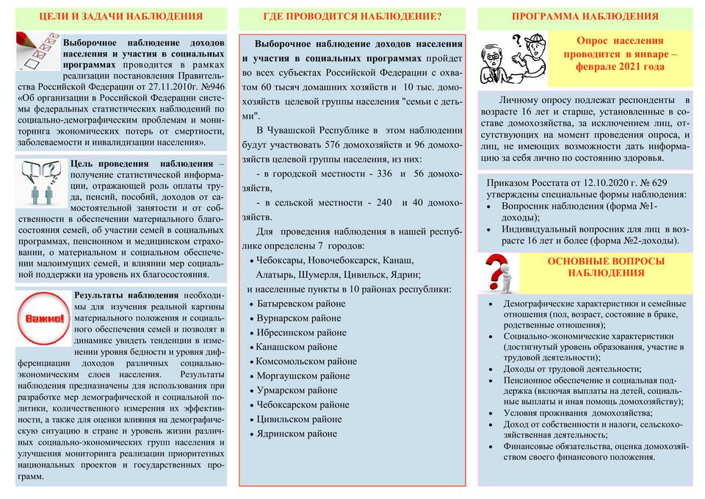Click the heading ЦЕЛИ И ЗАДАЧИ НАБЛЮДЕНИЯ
tap(120, 16)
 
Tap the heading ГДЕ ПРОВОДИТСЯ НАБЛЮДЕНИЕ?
tap(352, 16)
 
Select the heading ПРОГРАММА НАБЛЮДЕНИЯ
tap(585, 16)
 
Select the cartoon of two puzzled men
tap(512, 57)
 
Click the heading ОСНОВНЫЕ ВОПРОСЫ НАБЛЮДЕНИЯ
tap(605, 267)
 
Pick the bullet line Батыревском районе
tap(297, 304)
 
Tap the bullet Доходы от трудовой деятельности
tap(572, 369)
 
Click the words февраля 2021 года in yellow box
tap(620, 66)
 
